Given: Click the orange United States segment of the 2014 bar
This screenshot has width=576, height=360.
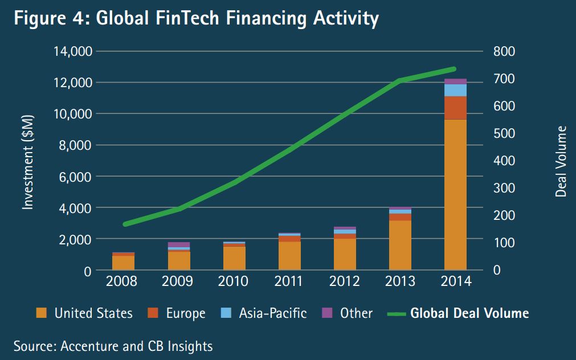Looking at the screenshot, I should click(455, 194).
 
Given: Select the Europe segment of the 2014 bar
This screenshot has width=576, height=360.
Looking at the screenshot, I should click(455, 108).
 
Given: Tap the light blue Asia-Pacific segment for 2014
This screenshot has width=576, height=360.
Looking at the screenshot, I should click(455, 90).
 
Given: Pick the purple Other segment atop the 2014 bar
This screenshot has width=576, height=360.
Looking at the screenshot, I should click(455, 81).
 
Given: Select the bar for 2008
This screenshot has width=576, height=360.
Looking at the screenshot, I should click(123, 261).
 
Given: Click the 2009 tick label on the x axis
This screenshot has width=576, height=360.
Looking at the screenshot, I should click(178, 282).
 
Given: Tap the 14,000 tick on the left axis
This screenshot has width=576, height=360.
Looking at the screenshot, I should click(72, 52).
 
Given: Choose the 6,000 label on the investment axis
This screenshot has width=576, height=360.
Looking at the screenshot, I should click(76, 177).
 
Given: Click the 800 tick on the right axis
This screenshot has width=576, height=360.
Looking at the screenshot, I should click(504, 52).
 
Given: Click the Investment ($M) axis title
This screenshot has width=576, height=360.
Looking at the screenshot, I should click(28, 161).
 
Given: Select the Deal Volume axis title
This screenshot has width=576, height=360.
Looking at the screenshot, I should click(561, 161).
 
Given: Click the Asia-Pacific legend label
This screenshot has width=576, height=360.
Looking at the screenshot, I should click(272, 313).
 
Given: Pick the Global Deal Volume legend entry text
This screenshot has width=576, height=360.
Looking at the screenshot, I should click(469, 313).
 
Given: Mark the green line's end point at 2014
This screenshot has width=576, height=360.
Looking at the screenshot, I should click(455, 69).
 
